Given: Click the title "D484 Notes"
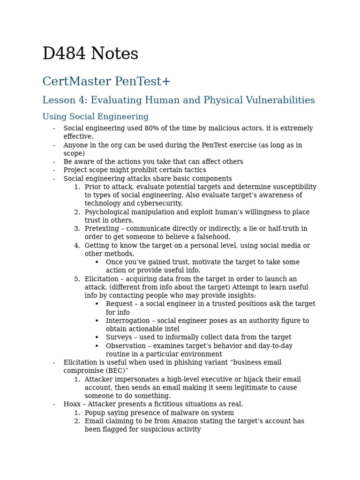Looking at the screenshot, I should point(90,54).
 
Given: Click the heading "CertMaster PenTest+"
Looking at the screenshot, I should point(106,82).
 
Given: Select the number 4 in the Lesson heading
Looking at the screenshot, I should point(82,100).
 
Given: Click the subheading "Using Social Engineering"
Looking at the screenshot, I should point(95,117).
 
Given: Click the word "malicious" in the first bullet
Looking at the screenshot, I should point(218,128).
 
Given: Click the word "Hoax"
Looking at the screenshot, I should point(72,404).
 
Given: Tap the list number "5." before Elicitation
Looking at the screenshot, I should point(77,279).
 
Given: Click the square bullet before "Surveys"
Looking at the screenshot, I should point(97,337).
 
